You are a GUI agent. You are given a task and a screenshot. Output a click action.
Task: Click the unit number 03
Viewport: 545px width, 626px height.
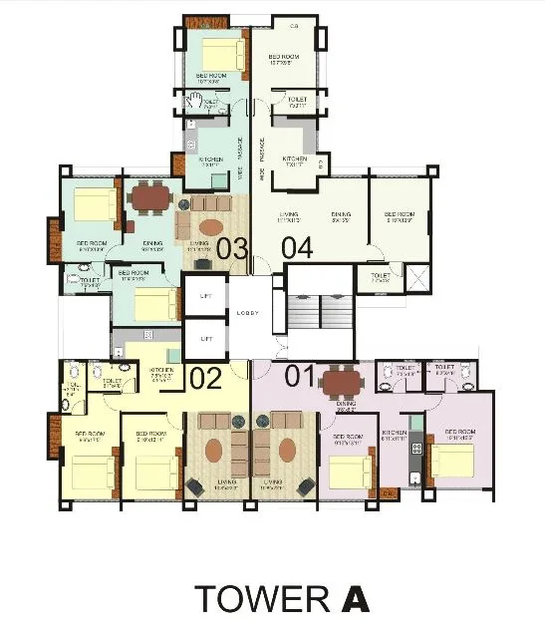[231, 248]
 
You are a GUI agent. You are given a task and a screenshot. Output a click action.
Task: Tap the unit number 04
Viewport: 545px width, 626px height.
[297, 248]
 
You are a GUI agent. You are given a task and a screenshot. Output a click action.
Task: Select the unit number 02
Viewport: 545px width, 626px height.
[204, 378]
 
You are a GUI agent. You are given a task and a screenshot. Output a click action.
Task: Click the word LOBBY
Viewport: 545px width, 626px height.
[249, 313]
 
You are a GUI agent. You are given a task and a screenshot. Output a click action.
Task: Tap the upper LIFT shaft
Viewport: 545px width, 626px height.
[206, 295]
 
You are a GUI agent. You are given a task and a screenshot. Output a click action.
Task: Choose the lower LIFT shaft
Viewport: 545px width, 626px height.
[206, 338]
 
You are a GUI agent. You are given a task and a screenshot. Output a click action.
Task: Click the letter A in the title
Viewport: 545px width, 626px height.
[354, 598]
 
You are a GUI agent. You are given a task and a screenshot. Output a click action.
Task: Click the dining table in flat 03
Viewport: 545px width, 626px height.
[151, 197]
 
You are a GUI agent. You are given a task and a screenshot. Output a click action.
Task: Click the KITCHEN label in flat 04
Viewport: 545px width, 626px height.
[294, 159]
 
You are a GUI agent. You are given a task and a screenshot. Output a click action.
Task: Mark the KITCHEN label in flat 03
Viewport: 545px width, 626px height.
[210, 159]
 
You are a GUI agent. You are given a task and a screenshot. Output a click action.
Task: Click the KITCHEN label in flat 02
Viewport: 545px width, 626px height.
[162, 370]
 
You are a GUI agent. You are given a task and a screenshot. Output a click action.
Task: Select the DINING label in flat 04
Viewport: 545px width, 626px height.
[342, 214]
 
